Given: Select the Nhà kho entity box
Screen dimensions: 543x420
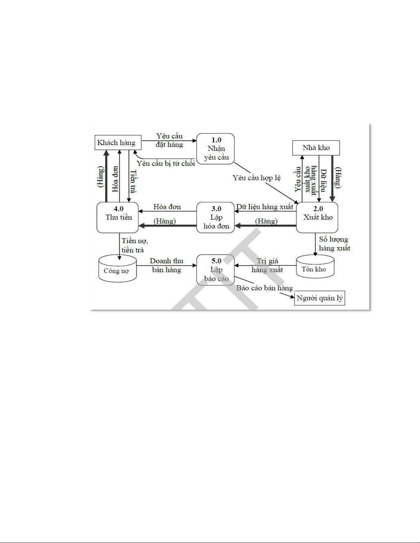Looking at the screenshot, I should [x=316, y=148].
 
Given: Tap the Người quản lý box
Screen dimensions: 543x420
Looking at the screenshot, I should [x=320, y=298].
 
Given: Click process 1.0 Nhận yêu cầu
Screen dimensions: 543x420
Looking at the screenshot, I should [x=216, y=149].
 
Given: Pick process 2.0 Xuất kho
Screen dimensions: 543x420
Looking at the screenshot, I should [x=317, y=218].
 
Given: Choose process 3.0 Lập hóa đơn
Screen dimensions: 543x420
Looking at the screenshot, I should [x=216, y=218].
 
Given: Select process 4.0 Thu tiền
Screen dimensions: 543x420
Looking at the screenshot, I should [x=118, y=218].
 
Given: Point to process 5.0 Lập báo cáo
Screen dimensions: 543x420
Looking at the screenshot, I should [x=216, y=270].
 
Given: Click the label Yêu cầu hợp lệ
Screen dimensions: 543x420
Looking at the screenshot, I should [x=256, y=178].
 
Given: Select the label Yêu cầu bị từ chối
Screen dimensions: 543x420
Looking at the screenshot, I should [x=166, y=163].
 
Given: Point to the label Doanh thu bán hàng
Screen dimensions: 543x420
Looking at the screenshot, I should [x=167, y=266].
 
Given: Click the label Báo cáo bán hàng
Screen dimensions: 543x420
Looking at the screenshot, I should [x=264, y=288].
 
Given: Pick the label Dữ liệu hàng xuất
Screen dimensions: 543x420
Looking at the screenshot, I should [x=264, y=207].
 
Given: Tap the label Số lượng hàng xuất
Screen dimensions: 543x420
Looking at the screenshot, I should [x=334, y=244].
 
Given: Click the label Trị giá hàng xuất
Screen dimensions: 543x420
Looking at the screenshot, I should [x=267, y=266].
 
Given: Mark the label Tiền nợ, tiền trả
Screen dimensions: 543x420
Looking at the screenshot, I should [x=134, y=246].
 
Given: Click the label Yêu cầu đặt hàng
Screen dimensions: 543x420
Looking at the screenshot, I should [x=169, y=140].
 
